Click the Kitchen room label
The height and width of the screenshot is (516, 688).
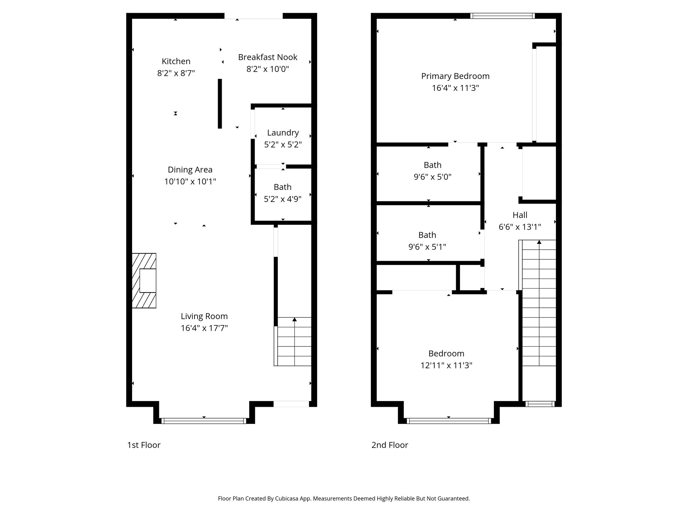[176, 61]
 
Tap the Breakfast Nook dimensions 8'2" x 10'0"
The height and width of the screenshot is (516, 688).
[267, 69]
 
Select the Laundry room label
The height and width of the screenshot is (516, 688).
[283, 133]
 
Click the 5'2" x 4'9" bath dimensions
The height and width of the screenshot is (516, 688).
[283, 199]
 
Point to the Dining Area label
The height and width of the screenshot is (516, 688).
[190, 170]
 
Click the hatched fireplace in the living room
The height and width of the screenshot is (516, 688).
[144, 281]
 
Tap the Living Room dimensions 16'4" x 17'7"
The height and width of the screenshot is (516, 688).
[204, 328]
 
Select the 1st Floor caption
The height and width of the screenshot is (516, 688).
[144, 445]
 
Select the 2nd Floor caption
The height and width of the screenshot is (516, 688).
[390, 445]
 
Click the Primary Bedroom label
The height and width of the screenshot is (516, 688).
[455, 76]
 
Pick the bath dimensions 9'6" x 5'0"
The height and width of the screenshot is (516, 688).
[432, 177]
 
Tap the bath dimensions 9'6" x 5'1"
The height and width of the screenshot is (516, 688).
[427, 247]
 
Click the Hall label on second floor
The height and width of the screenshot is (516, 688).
[520, 215]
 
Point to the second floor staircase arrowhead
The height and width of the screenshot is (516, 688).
[539, 242]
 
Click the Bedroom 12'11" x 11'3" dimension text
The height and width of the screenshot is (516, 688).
[446, 365]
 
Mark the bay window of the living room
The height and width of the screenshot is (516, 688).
[204, 421]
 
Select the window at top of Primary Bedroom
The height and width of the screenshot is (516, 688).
[502, 15]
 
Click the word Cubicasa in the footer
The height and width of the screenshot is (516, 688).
[287, 499]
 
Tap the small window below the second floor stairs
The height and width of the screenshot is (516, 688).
[540, 404]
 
